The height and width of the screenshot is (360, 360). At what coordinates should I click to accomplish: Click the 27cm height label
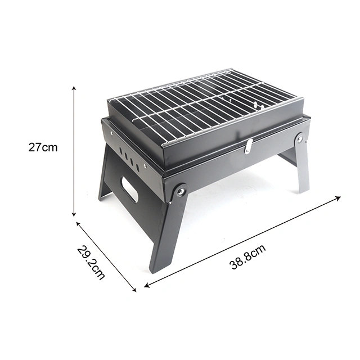point(43,147)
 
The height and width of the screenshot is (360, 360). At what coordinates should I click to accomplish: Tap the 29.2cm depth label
point(91,263)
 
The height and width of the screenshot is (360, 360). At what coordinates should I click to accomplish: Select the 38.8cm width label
point(247,256)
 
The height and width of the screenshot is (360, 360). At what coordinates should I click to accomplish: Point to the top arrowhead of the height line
point(74,89)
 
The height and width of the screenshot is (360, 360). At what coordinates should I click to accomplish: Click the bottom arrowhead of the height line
point(74,214)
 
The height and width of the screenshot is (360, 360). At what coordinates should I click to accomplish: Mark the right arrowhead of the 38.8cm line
point(338,198)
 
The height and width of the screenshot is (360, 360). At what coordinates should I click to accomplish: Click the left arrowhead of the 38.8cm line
point(147,285)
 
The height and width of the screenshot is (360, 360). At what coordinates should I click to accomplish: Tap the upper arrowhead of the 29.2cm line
point(78,224)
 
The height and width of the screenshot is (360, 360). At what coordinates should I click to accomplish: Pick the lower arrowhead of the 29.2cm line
point(134,290)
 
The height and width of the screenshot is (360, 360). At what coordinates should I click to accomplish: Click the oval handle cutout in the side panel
point(129,190)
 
